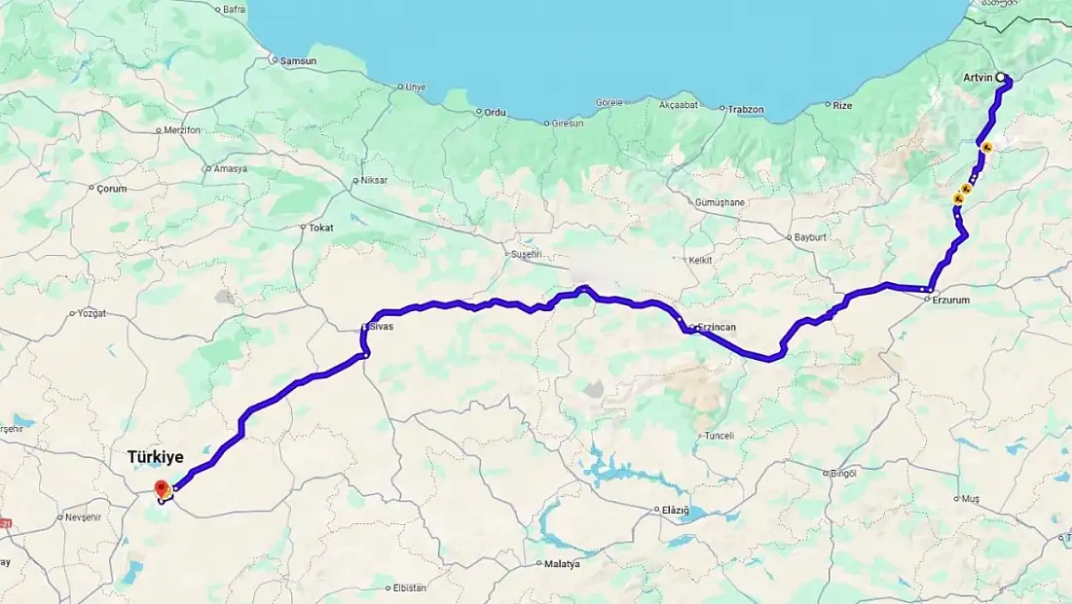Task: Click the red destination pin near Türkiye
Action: pos(162,488)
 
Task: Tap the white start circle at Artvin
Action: pos(1000,77)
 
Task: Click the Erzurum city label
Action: pos(950,301)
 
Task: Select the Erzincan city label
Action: pos(717,328)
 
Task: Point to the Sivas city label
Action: pos(381,327)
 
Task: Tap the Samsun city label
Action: pos(298,60)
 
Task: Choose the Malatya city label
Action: pos(563,564)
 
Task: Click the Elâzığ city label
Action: pos(675,510)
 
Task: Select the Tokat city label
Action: pos(320,228)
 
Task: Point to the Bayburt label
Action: pos(810,237)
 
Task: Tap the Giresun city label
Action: pos(568,124)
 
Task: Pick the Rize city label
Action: pos(842,105)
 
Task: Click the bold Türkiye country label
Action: pos(155,457)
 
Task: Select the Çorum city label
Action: pos(112,189)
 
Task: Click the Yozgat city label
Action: pos(91,314)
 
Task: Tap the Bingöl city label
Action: pos(842,473)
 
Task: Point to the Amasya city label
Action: pos(231,169)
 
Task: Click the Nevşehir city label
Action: pos(83,517)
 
